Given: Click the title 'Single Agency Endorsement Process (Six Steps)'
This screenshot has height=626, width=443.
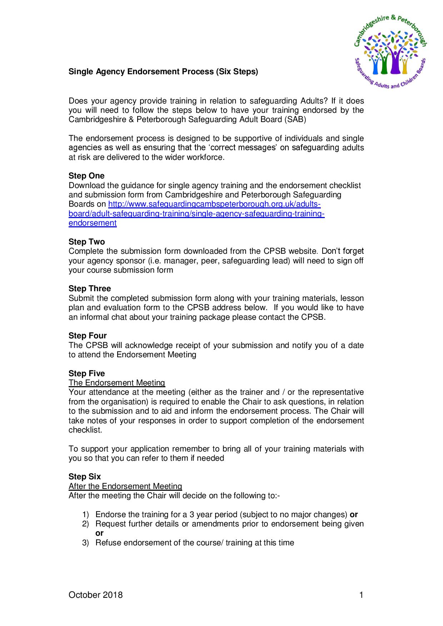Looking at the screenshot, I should pyautogui.click(x=163, y=72).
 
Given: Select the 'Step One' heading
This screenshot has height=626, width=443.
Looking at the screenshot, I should pyautogui.click(x=86, y=176).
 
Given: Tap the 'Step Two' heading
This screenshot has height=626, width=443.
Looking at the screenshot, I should pyautogui.click(x=86, y=242).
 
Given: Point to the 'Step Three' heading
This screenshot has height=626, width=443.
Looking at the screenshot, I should pyautogui.click(x=90, y=289).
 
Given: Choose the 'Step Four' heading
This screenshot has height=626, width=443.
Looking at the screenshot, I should pyautogui.click(x=88, y=336).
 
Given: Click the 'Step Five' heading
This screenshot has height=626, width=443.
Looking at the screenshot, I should pyautogui.click(x=87, y=374).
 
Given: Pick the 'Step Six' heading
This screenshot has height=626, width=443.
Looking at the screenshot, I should pyautogui.click(x=85, y=477).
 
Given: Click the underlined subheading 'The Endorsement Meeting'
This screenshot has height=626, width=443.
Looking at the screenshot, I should pyautogui.click(x=117, y=383).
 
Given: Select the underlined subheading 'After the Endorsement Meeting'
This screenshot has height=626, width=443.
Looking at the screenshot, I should pyautogui.click(x=125, y=486).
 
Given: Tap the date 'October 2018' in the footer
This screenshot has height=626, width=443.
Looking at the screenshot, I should pyautogui.click(x=95, y=595).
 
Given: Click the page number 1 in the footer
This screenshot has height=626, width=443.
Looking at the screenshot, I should pyautogui.click(x=361, y=595).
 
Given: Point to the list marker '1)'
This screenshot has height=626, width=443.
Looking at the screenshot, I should pyautogui.click(x=85, y=515).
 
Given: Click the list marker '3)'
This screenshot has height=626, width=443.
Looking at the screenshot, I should pyautogui.click(x=85, y=543).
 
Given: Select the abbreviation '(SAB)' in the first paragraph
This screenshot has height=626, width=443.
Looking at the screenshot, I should pyautogui.click(x=295, y=120).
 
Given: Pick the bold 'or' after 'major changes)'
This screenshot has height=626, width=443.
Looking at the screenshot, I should pyautogui.click(x=354, y=515).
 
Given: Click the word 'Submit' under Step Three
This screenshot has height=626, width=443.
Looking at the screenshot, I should pyautogui.click(x=81, y=298).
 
